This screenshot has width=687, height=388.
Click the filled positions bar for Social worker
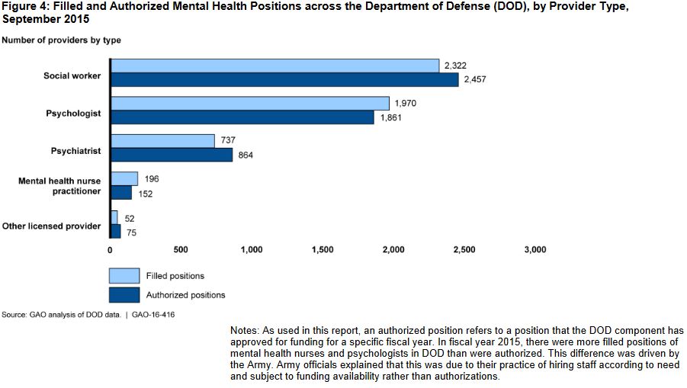pyautogui.click(x=274, y=66)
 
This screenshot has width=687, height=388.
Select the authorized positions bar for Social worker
pyautogui.click(x=284, y=80)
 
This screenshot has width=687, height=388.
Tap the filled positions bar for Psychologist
pyautogui.click(x=250, y=103)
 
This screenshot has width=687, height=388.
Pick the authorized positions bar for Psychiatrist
pyautogui.click(x=172, y=155)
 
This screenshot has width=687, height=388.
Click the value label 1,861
pyautogui.click(x=391, y=118)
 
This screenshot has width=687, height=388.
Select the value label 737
pyautogui.click(x=228, y=141)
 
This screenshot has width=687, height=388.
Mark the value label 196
pyautogui.click(x=151, y=178)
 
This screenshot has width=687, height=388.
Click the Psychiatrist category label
pyautogui.click(x=75, y=152)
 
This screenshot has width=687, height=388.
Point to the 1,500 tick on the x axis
pyautogui.click(x=323, y=249)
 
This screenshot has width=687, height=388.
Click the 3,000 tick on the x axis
pyautogui.click(x=535, y=249)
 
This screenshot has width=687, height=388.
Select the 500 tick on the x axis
pyautogui.click(x=181, y=249)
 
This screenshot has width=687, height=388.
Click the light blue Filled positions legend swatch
pyautogui.click(x=124, y=275)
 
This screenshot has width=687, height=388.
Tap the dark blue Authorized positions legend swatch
pyautogui.click(x=124, y=294)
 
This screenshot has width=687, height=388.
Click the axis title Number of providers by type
pyautogui.click(x=61, y=40)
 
